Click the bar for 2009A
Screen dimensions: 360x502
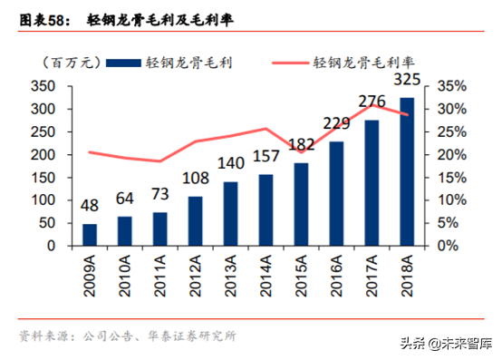(90, 235)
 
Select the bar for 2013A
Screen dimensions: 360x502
(230, 214)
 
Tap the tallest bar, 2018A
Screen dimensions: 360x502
(407, 171)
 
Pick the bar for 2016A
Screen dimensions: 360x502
(336, 193)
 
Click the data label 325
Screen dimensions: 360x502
(407, 82)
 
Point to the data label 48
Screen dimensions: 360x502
(90, 207)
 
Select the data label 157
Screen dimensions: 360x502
(265, 158)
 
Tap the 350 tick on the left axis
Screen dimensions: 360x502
(43, 86)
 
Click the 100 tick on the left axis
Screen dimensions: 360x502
(43, 200)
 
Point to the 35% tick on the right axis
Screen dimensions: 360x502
(452, 86)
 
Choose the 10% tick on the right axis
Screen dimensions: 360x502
(452, 200)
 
